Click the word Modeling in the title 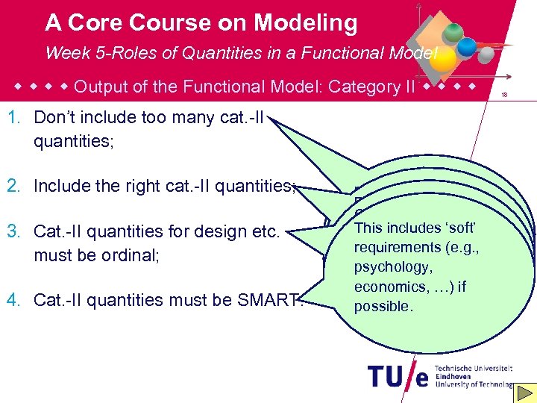305,23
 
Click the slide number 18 505,95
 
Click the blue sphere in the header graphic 467,47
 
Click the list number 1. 14,118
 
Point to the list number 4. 14,300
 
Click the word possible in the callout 382,306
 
